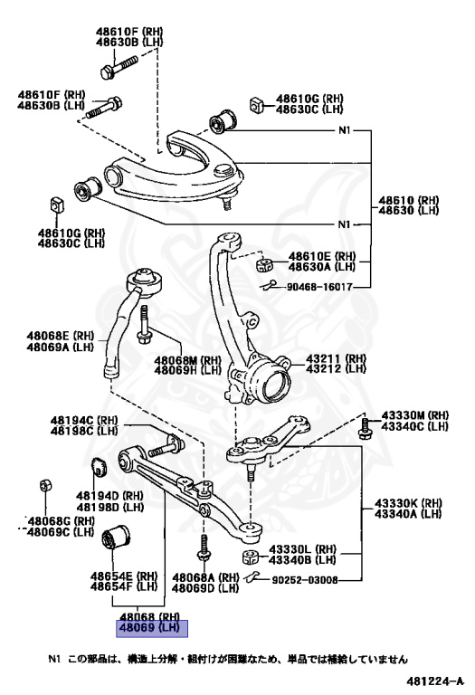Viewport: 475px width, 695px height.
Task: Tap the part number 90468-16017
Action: pyautogui.click(x=319, y=287)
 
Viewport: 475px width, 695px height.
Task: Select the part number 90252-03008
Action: pyautogui.click(x=303, y=580)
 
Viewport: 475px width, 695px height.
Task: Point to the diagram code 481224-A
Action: pyautogui.click(x=434, y=681)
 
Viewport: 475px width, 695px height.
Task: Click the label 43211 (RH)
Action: pyautogui.click(x=337, y=358)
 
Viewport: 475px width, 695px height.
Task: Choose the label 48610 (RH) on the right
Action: pyautogui.click(x=409, y=200)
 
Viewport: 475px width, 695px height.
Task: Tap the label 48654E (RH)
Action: pyautogui.click(x=124, y=576)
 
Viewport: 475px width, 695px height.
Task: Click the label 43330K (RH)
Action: pyautogui.click(x=408, y=503)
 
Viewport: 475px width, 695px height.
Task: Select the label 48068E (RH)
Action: pyautogui.click(x=61, y=337)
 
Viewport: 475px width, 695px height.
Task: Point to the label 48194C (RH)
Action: pyautogui.click(x=84, y=420)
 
